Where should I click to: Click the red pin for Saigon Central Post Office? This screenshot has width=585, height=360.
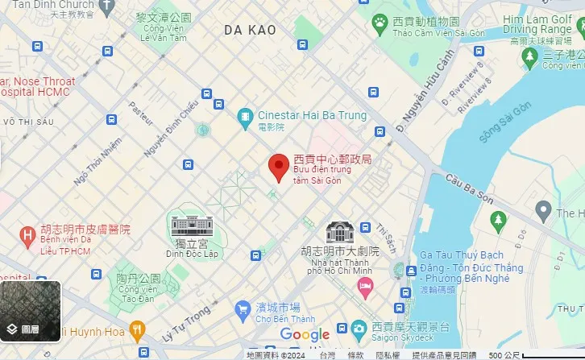pyautogui.click(x=279, y=167)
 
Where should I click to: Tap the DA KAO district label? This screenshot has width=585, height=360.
pyautogui.click(x=250, y=30)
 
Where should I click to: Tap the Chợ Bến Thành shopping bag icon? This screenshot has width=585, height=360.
pyautogui.click(x=242, y=308)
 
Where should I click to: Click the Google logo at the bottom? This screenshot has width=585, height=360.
pyautogui.click(x=305, y=334)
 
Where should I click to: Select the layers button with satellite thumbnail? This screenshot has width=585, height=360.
pyautogui.click(x=31, y=309)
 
